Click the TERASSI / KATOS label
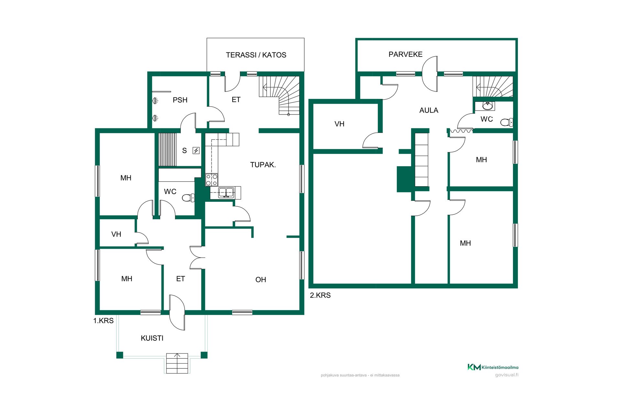click(256, 55)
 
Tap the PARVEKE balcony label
click(405, 54)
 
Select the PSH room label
click(180, 100)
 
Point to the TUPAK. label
click(263, 165)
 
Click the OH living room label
click(261, 279)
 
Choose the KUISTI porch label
click(152, 338)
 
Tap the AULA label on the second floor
click(429, 110)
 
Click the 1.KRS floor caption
click(103, 321)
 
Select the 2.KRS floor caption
click(320, 295)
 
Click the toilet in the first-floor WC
click(188, 198)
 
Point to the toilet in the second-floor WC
click(507, 122)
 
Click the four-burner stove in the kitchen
click(212, 180)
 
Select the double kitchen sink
click(226, 192)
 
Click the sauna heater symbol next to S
click(196, 150)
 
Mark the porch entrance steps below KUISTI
click(177, 363)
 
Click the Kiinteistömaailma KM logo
click(493, 367)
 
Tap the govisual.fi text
click(507, 375)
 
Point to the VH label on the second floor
click(339, 124)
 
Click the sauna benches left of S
click(168, 149)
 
